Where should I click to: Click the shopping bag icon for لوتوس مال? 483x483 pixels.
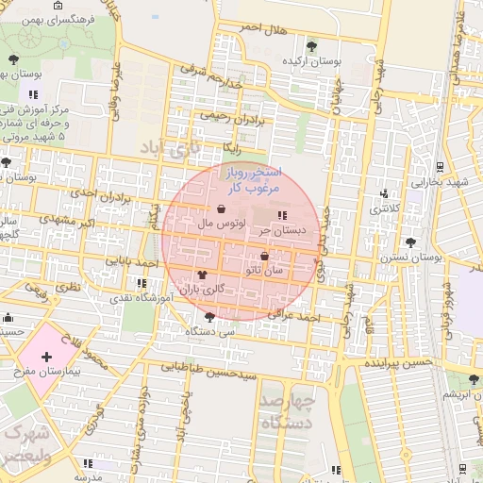(x=221, y=209)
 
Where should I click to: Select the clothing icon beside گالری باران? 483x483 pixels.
(x=202, y=275)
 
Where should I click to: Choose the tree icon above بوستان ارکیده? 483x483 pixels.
(x=312, y=45)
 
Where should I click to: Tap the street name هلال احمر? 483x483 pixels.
(x=261, y=28)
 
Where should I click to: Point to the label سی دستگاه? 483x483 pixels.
(x=212, y=332)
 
